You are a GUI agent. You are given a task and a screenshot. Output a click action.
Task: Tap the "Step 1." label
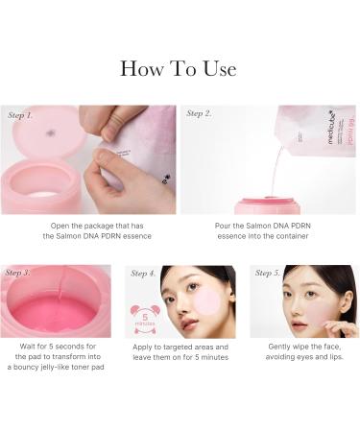coord(21,114)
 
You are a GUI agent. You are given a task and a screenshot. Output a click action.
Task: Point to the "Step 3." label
coord(19,273)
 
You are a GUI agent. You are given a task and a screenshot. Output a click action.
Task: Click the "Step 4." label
coord(143,273)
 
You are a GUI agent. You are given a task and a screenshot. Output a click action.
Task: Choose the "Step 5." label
coord(269,273)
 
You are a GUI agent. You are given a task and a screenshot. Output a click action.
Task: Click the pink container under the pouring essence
coord(268,206)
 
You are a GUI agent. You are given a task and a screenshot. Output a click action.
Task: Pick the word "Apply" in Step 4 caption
coord(151,347)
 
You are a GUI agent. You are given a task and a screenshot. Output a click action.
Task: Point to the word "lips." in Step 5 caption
coord(333,358)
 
